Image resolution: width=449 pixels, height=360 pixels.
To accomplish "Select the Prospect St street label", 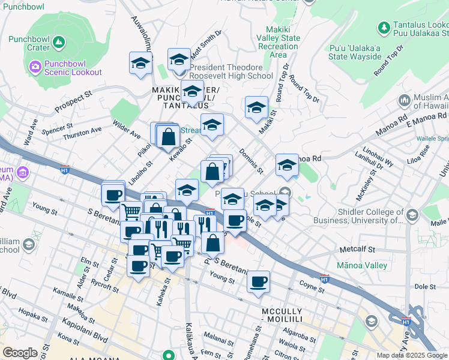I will point(73,103).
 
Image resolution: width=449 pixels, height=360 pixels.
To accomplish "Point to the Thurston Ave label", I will point(82,132).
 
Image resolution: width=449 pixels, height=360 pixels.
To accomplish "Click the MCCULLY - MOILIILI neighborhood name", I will point(289,313).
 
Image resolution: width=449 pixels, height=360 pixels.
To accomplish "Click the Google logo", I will point(20,353).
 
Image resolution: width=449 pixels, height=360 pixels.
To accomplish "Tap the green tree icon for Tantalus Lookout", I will point(384,28).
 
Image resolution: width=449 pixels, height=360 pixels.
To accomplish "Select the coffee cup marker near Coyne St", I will point(259,281).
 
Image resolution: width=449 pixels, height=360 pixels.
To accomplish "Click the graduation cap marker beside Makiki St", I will point(256,108).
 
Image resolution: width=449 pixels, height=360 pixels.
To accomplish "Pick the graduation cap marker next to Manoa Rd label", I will point(287,165).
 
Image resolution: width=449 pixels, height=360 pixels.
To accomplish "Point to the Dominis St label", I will point(252,161).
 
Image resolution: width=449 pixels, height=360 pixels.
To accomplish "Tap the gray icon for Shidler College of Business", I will point(412,215).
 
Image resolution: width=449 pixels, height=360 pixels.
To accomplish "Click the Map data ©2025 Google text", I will point(412,355).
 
